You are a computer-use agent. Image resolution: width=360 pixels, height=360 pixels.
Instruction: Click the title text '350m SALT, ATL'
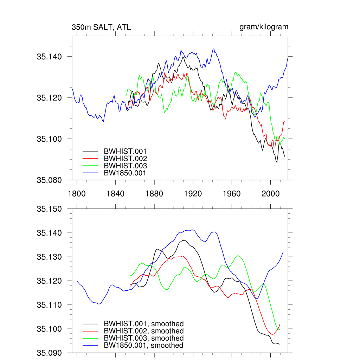(101, 27)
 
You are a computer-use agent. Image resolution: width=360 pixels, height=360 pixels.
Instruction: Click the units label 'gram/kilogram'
(264, 27)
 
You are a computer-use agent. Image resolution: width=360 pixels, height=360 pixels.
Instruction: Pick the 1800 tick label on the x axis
(77, 194)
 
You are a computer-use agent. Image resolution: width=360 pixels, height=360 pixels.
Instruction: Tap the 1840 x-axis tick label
(115, 194)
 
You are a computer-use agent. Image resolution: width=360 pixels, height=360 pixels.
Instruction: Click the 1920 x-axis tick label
(193, 194)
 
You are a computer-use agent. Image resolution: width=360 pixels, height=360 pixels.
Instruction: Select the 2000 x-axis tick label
(271, 194)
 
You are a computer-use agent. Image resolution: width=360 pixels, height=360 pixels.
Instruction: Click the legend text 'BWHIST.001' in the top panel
(125, 152)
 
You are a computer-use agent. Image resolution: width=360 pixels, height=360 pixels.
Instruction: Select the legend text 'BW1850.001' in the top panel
(125, 173)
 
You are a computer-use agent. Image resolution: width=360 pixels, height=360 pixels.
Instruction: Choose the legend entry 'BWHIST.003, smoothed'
(143, 338)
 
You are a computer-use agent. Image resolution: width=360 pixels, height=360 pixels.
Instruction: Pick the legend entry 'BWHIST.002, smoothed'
(143, 331)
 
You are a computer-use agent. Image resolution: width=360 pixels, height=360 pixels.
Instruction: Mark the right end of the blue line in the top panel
(288, 58)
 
